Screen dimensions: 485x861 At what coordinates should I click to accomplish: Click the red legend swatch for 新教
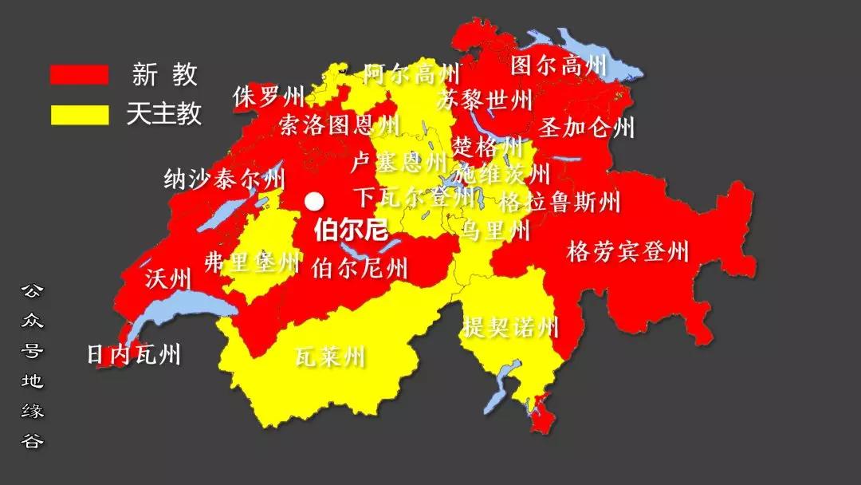pos(79,74)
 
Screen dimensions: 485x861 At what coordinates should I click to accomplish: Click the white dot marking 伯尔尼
pos(316,201)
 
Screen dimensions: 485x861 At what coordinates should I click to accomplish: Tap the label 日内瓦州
pos(134,354)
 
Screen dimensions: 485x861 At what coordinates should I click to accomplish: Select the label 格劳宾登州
pos(627,253)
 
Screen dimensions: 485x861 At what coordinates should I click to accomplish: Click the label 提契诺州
pos(510,327)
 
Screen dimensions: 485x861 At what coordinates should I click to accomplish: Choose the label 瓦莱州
pos(329,356)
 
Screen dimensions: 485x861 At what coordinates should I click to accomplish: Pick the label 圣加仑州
pos(587,128)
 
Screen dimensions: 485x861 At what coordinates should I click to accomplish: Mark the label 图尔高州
pos(558,65)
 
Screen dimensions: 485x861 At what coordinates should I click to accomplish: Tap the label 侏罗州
pos(269,97)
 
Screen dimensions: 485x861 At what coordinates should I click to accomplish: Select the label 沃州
pos(168,279)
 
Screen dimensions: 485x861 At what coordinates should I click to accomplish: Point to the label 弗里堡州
pos(252,262)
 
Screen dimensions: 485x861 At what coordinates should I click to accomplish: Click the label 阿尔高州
pos(411,75)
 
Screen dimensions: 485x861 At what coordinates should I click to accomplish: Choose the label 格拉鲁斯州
pos(559,202)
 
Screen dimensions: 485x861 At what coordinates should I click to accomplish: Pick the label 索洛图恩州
pos(339,125)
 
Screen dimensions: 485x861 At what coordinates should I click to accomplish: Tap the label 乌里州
pos(496,231)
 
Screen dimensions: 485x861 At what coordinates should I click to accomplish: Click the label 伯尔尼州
pos(360,267)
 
